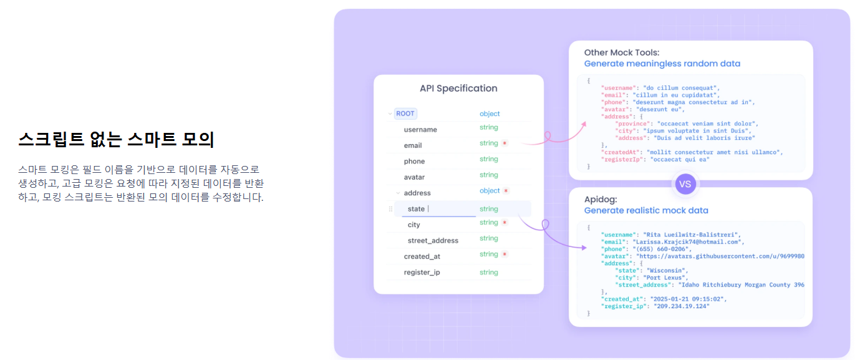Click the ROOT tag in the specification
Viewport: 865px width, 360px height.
(x=405, y=114)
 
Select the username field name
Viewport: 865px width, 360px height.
(x=420, y=130)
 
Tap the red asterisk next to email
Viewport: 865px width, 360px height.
(x=505, y=144)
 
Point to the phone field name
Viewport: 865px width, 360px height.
(x=414, y=162)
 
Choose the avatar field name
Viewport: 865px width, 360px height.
(x=414, y=177)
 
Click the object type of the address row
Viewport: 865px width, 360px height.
(x=490, y=191)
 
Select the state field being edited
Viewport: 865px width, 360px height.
(x=416, y=209)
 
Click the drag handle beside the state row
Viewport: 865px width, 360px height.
(x=390, y=209)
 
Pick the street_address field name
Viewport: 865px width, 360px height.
(x=433, y=241)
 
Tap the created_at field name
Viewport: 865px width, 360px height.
(x=422, y=256)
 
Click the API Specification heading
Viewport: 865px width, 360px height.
(x=458, y=89)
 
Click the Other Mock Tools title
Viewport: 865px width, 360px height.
(x=621, y=52)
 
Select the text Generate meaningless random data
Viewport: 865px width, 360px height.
(x=662, y=64)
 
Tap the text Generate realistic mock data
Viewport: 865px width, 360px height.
(x=646, y=211)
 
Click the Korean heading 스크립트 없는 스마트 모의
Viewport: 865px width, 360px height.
(x=116, y=140)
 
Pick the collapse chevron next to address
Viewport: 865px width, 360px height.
(x=398, y=193)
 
